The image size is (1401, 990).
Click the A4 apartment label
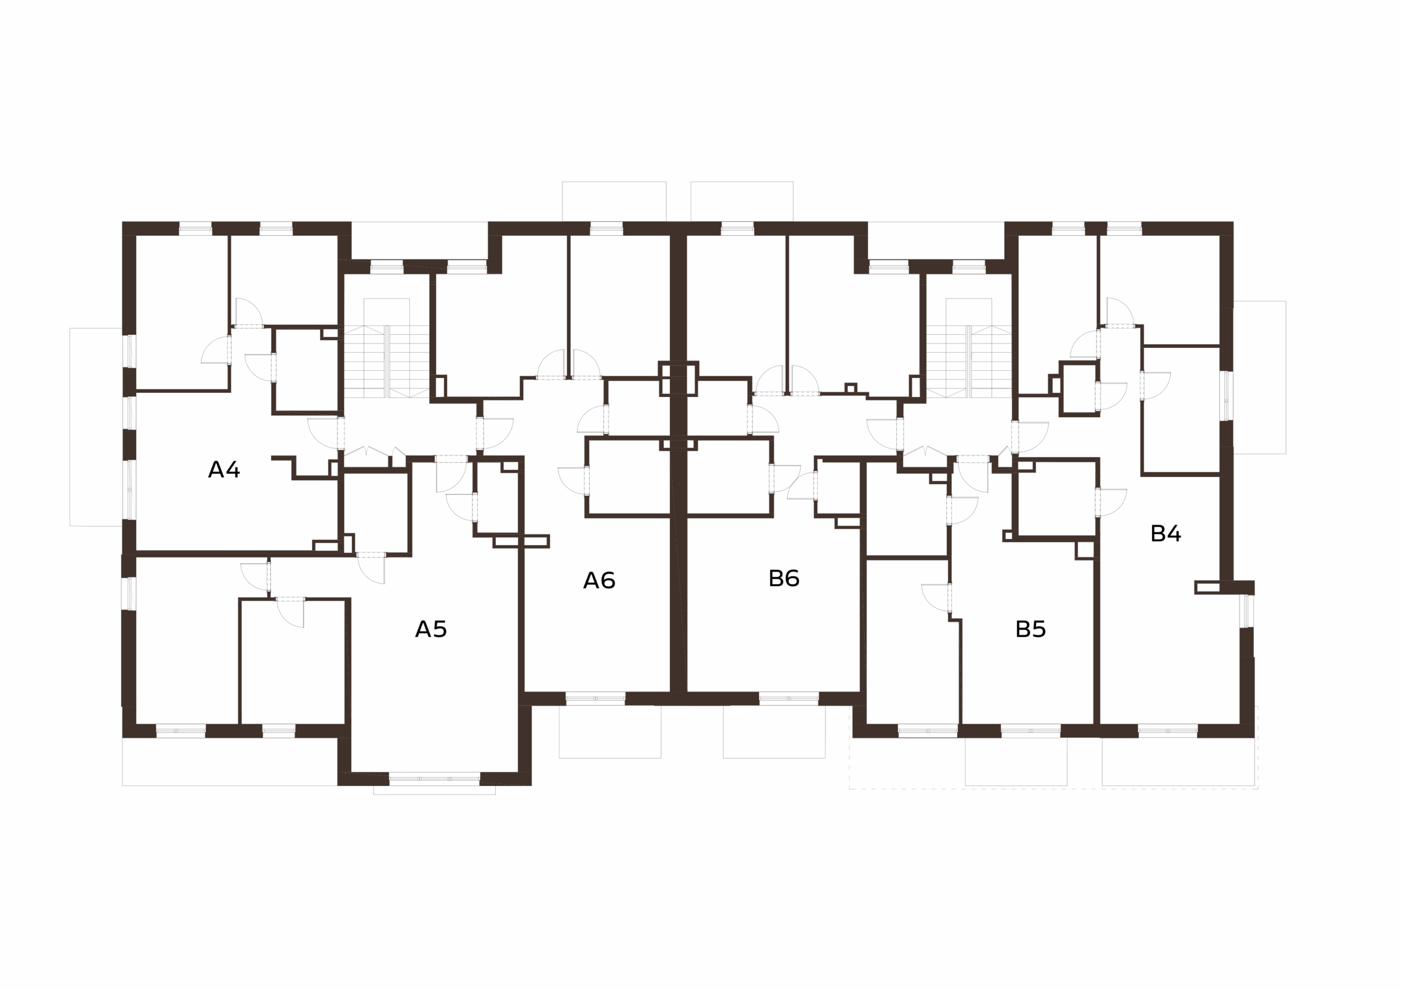[x=224, y=470]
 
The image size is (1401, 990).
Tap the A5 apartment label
[x=431, y=629]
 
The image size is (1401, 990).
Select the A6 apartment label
[x=599, y=580]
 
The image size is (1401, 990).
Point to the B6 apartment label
[x=784, y=578]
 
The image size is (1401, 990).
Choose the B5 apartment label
[x=1031, y=629]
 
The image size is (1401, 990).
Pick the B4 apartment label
[x=1166, y=534]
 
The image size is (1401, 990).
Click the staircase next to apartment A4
[x=387, y=361]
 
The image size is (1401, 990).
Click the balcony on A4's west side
[x=96, y=427]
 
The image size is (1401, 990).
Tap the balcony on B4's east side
[x=1259, y=377]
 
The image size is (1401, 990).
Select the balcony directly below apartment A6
[x=610, y=732]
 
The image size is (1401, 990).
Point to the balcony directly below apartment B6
[x=774, y=732]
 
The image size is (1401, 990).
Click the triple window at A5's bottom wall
[x=435, y=778]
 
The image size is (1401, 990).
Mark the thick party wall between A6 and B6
[x=679, y=464]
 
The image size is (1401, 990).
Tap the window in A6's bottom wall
[x=595, y=698]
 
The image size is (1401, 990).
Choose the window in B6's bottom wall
[x=789, y=698]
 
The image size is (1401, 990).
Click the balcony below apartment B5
[x=1016, y=761]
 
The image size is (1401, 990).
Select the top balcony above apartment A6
[x=614, y=201]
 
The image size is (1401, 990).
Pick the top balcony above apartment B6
[x=742, y=201]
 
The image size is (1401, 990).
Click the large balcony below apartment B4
[x=1178, y=761]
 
